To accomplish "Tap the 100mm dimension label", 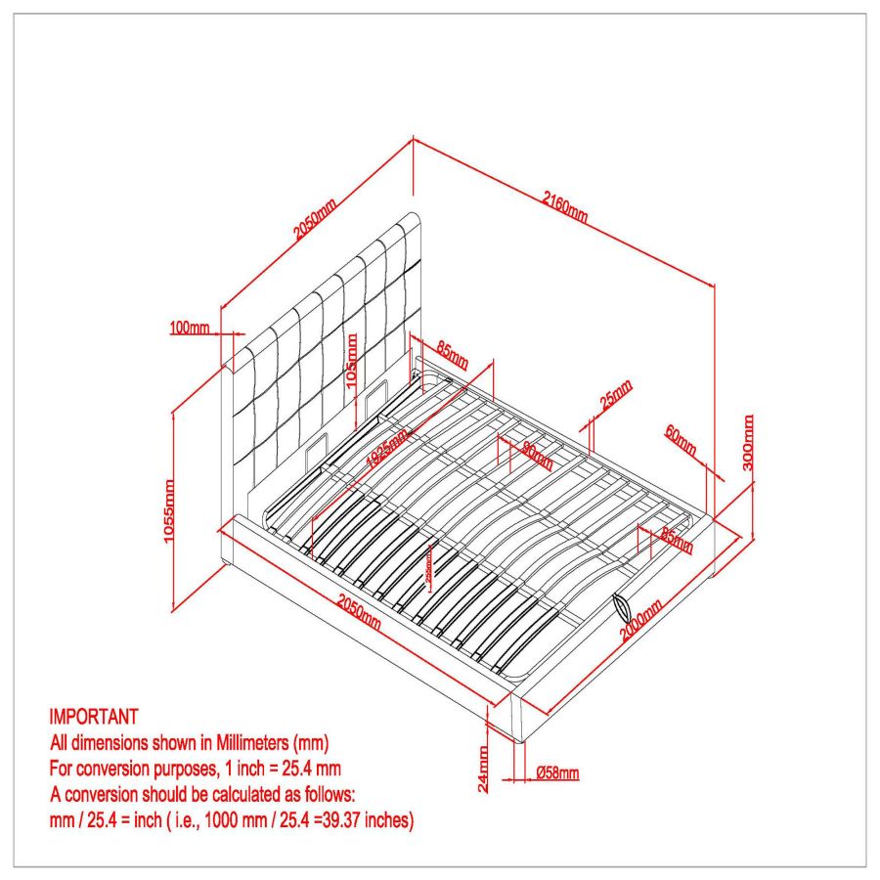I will [189, 328].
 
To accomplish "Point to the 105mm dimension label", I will [353, 361].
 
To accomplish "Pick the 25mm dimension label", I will [616, 395].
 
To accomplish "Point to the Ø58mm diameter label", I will [557, 773].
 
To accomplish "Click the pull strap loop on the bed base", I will [623, 608].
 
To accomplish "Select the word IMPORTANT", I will [93, 717].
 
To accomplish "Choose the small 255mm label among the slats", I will [429, 570].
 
